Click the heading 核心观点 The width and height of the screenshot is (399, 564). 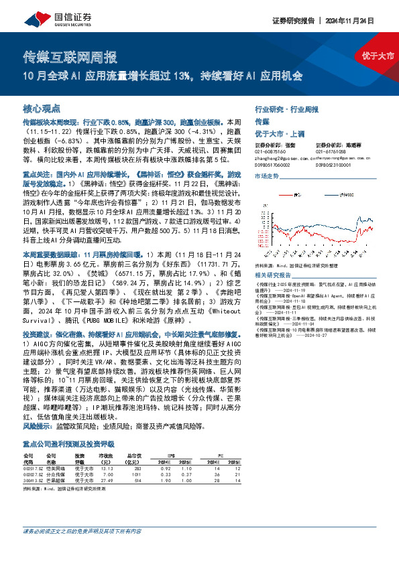(42, 109)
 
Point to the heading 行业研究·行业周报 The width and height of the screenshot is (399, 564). (287, 108)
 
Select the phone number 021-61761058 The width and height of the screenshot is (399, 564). (331, 151)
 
